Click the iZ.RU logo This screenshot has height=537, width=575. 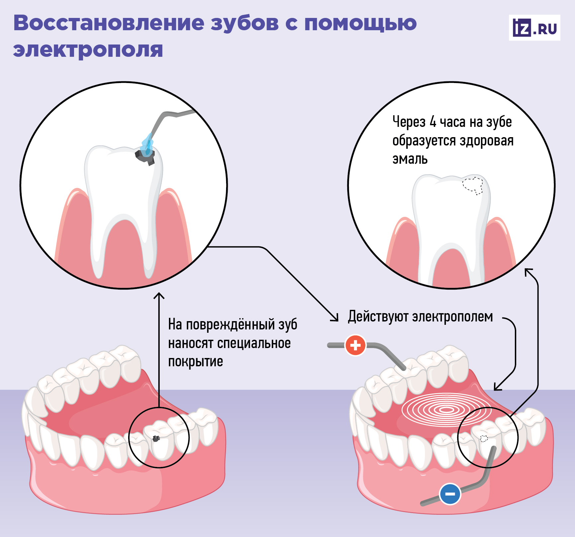[x=534, y=28]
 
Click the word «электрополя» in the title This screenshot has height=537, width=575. [x=88, y=49]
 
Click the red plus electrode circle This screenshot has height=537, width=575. [x=355, y=345]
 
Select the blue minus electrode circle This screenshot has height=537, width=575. [x=450, y=494]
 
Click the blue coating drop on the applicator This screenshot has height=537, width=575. [x=147, y=144]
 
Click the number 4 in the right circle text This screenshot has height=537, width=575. [x=433, y=122]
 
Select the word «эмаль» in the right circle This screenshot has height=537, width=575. [x=410, y=159]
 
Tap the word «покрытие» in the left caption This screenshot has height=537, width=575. [x=196, y=362]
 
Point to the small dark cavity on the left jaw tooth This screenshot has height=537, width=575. [x=156, y=438]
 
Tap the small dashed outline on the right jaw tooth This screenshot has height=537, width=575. [x=484, y=439]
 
